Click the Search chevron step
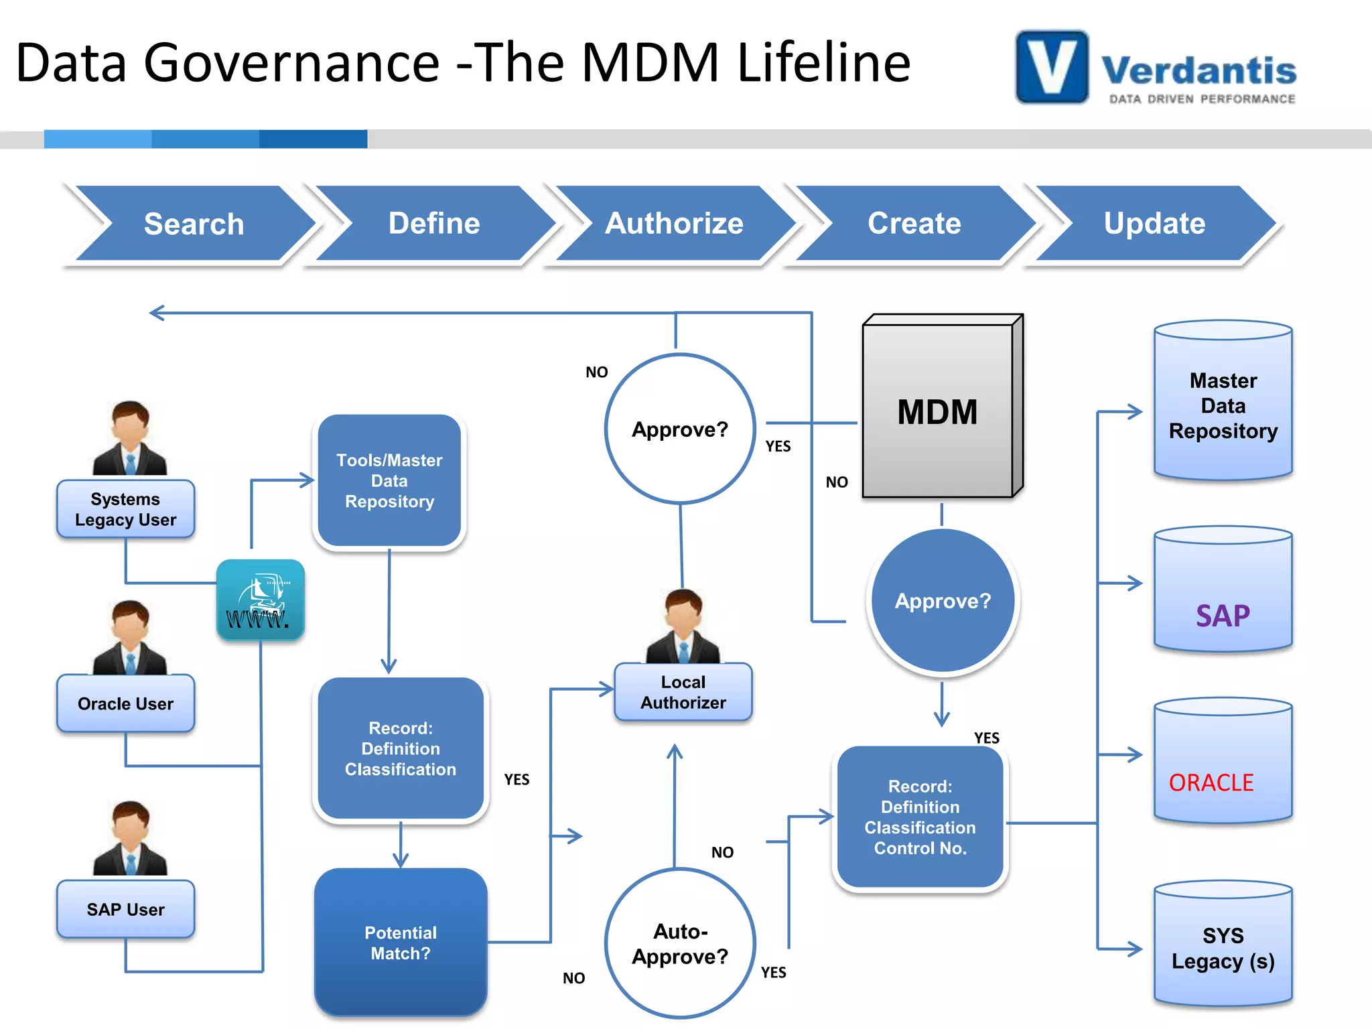point(194,223)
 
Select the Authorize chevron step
point(674,223)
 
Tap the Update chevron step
point(1154,223)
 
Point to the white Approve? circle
point(680,429)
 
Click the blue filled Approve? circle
point(943,601)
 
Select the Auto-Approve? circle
point(680,943)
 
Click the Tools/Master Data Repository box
point(389,480)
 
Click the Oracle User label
point(125,703)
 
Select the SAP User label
point(125,909)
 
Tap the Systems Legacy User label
point(125,509)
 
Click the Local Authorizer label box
point(683,692)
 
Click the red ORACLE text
point(1211,782)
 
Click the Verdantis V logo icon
point(1052,67)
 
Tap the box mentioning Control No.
point(920,817)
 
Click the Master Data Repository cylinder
point(1223,402)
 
